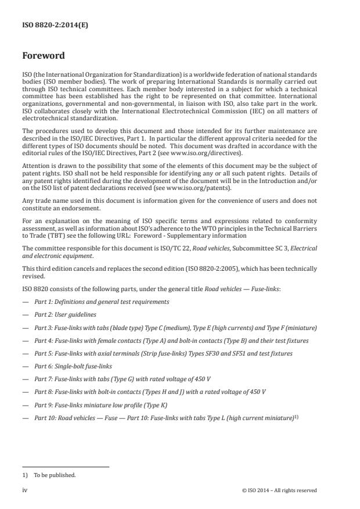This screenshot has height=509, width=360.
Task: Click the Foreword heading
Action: click(x=44, y=56)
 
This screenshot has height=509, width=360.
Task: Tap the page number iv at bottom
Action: click(x=25, y=490)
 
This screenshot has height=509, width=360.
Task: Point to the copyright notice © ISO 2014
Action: click(x=279, y=490)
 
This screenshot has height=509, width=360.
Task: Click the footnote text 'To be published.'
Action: click(x=55, y=475)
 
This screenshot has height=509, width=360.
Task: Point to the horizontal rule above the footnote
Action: click(x=65, y=467)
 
